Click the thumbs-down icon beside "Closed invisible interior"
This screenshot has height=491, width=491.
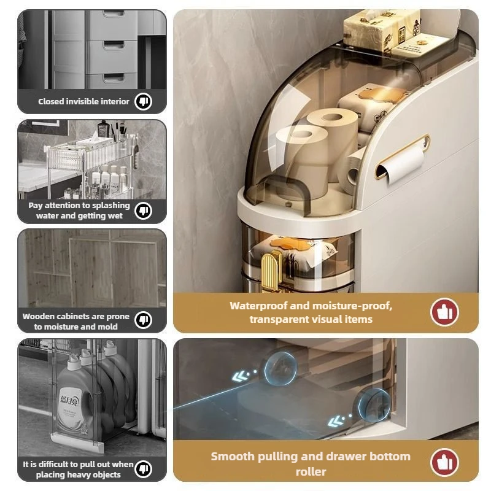(144, 101)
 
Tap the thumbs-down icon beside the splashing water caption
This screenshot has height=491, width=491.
(144, 211)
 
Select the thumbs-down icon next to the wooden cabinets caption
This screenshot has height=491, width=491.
(144, 320)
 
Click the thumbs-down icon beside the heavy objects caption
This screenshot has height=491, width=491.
(144, 469)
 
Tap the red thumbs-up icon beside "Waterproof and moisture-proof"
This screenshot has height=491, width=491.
(444, 312)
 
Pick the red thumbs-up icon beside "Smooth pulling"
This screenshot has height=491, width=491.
(444, 462)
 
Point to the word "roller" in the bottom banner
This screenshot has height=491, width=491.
(311, 471)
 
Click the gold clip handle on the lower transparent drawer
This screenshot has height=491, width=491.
(271, 271)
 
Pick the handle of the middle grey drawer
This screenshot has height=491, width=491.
(114, 45)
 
